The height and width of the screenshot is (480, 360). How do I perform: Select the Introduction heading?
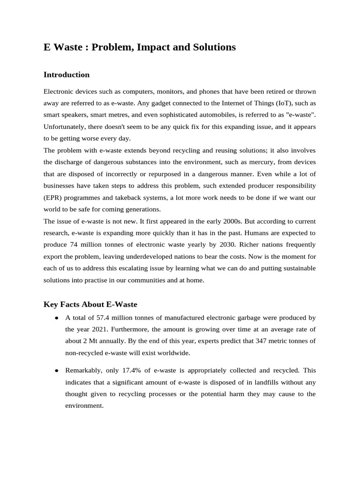(x=66, y=75)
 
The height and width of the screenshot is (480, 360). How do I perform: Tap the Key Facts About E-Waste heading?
(x=90, y=305)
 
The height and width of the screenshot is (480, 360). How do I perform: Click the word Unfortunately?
(x=64, y=127)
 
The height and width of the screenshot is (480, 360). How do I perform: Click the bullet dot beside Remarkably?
(x=56, y=371)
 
